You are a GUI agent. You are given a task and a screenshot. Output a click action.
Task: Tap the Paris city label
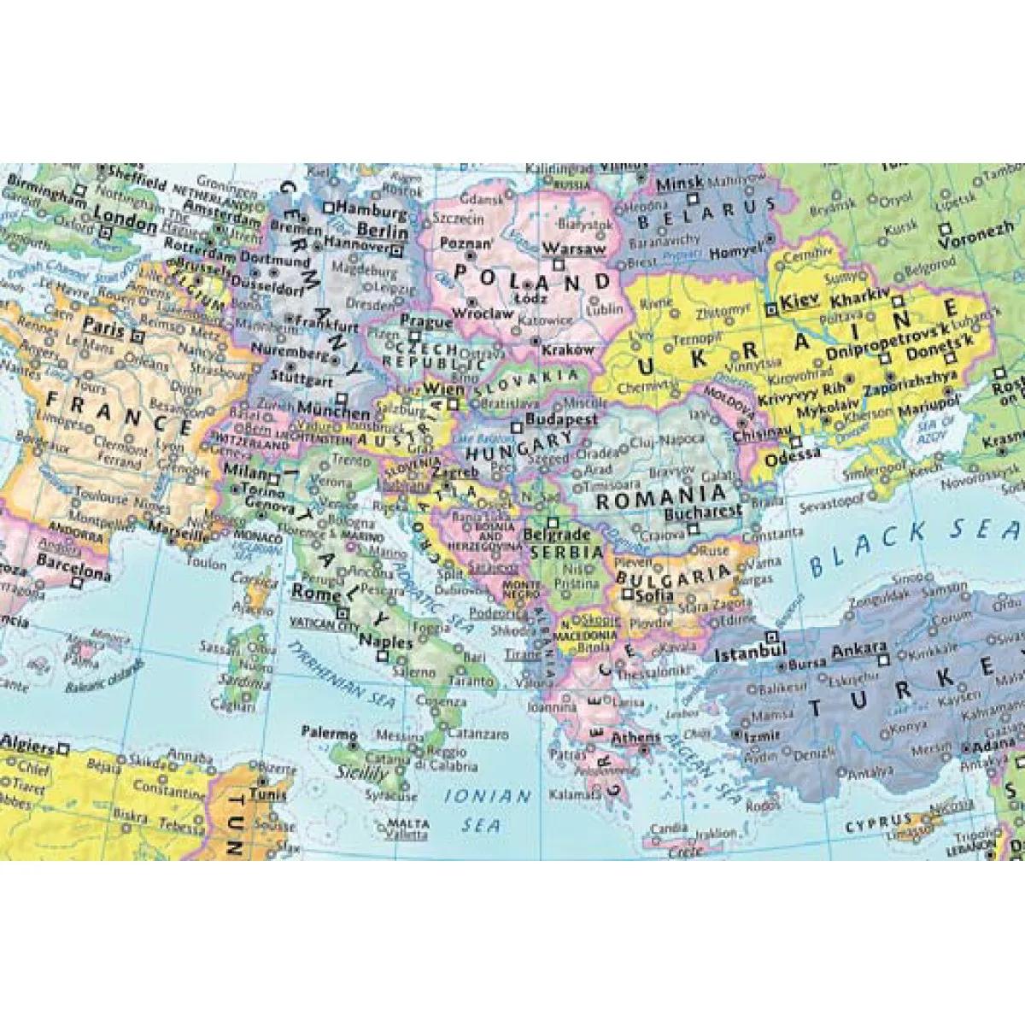(x=102, y=326)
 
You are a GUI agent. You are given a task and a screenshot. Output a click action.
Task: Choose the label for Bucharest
(x=702, y=512)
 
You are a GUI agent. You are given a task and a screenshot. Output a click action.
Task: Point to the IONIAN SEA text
(x=488, y=810)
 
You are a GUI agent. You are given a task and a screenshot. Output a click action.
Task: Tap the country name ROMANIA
(x=660, y=496)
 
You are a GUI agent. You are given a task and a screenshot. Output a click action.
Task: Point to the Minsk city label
(x=680, y=183)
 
